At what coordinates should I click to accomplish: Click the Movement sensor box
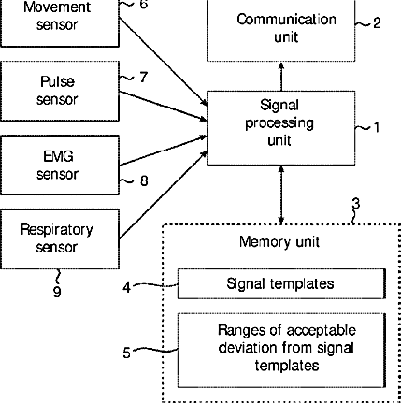pyautogui.click(x=60, y=23)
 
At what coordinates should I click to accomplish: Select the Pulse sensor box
pyautogui.click(x=60, y=91)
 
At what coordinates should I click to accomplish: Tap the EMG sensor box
pyautogui.click(x=60, y=165)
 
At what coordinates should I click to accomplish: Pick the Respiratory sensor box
pyautogui.click(x=60, y=238)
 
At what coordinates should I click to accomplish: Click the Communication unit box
pyautogui.click(x=281, y=31)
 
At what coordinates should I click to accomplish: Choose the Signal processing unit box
pyautogui.click(x=281, y=128)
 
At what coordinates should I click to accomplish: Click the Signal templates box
pyautogui.click(x=281, y=283)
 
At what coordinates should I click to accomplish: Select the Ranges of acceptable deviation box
pyautogui.click(x=281, y=351)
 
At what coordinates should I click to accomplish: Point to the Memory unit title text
pyautogui.click(x=279, y=242)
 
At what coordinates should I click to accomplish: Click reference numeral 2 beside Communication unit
pyautogui.click(x=377, y=23)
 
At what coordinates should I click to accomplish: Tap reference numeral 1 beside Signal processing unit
pyautogui.click(x=377, y=127)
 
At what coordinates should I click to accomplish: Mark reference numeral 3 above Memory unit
pyautogui.click(x=356, y=204)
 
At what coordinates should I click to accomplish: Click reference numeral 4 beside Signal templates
pyautogui.click(x=126, y=287)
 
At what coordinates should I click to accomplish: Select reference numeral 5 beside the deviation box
pyautogui.click(x=126, y=353)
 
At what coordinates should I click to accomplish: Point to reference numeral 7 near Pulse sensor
pyautogui.click(x=143, y=77)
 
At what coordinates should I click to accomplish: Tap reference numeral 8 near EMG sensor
pyautogui.click(x=144, y=180)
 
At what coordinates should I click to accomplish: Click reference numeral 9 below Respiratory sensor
pyautogui.click(x=57, y=292)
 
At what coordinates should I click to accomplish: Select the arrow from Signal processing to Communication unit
pyautogui.click(x=281, y=77)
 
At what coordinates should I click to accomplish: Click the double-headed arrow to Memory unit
pyautogui.click(x=281, y=194)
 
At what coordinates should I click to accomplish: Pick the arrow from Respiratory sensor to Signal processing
pyautogui.click(x=164, y=195)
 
